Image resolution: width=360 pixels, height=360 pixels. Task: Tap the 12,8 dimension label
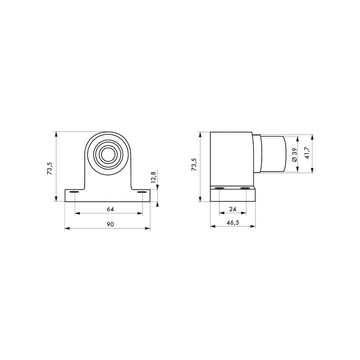pos(153,176)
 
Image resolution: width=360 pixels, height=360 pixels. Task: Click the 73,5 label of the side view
pos(194,165)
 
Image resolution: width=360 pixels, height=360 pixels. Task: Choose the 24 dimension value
pos(233,209)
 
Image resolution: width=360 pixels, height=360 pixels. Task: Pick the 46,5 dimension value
pos(233,222)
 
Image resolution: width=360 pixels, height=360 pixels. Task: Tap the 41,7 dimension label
pos(307,153)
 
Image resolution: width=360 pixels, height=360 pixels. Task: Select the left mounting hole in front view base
pos(73,193)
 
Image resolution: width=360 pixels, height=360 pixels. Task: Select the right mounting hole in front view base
pos(142,193)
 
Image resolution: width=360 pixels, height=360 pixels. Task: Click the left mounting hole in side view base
pos(219,188)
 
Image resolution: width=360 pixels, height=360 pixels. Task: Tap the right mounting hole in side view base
pos(245,188)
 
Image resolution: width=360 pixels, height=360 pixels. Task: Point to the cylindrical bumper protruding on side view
pos(272,153)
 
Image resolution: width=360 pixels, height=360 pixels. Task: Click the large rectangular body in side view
pos(231,158)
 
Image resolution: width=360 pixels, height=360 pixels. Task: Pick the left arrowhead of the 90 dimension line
pos(67,229)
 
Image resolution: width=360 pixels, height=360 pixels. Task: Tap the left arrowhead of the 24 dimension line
pos(220,213)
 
